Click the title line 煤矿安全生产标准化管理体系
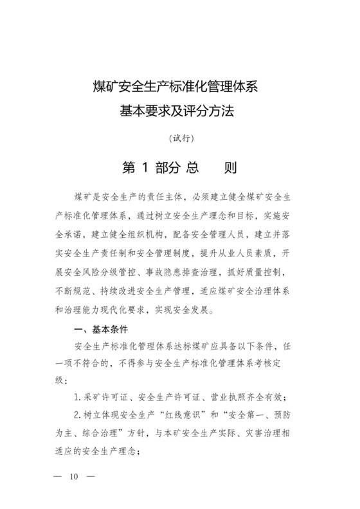179,87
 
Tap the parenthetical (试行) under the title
180,138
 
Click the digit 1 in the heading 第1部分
145,168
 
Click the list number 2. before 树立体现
78,414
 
